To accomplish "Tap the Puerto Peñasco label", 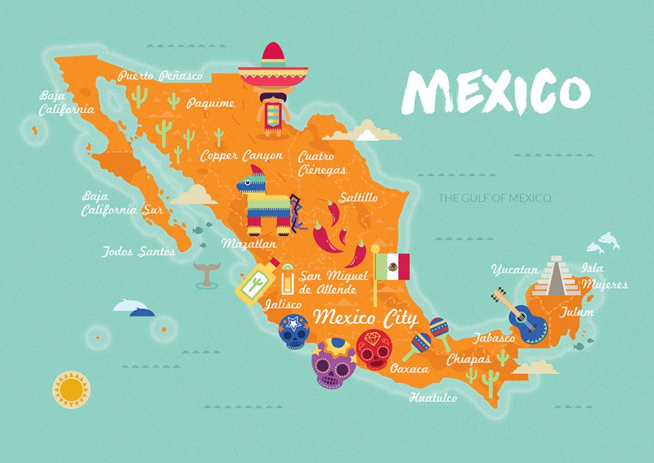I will point(160,76).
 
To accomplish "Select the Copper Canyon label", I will point(241,155).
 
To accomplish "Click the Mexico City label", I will point(367,317).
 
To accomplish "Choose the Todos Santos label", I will point(138,251).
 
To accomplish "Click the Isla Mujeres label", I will point(603,276).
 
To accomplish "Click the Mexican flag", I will point(392,267).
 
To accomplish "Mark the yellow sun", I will point(72,388).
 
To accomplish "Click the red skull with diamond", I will point(372,348).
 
